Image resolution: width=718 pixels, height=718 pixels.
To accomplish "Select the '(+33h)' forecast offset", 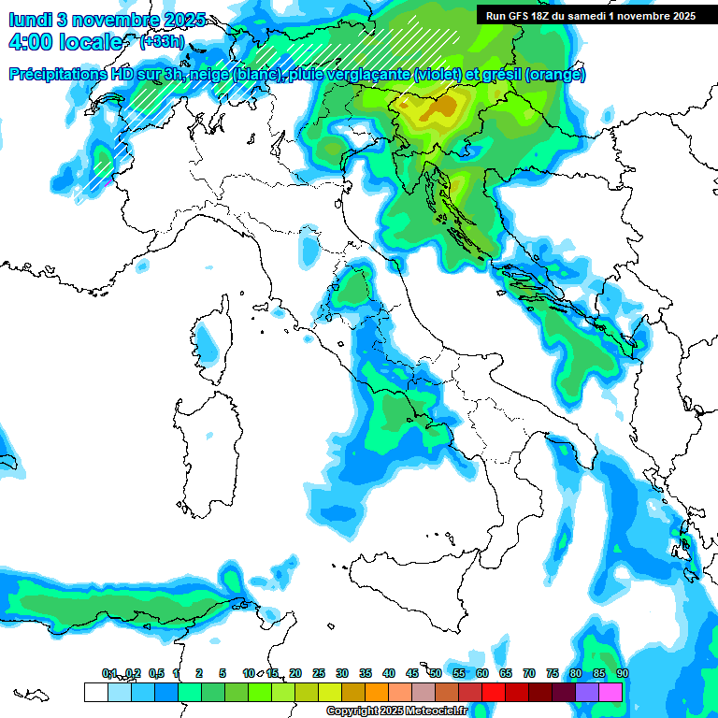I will [162, 42].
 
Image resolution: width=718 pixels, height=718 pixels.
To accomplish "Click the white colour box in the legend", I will [95, 692].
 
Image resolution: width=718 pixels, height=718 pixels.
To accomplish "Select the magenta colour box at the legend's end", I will [610, 692].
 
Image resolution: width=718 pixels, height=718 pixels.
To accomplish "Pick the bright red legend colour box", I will [494, 692].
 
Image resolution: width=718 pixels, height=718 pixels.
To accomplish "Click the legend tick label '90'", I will [622, 673].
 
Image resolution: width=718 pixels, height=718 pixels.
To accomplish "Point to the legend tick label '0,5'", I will [155, 673].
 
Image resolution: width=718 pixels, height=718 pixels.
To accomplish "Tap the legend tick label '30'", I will [341, 673].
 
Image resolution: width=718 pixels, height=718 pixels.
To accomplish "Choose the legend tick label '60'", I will [481, 673].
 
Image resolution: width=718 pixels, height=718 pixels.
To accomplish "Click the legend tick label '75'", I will [552, 673].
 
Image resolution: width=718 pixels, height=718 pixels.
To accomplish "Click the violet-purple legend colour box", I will [587, 692].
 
